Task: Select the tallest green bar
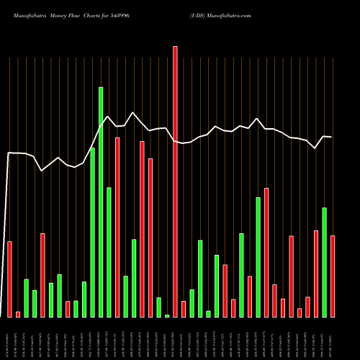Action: click(101, 202)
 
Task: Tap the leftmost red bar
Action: click(10, 279)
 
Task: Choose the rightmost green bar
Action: click(324, 262)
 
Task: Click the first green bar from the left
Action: click(27, 298)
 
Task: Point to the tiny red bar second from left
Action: click(18, 314)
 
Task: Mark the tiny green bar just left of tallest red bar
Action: click(167, 315)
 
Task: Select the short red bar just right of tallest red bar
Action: click(184, 309)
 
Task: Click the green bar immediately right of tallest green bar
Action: click(109, 252)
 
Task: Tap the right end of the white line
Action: click(331, 137)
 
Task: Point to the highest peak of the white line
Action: click(132, 112)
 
